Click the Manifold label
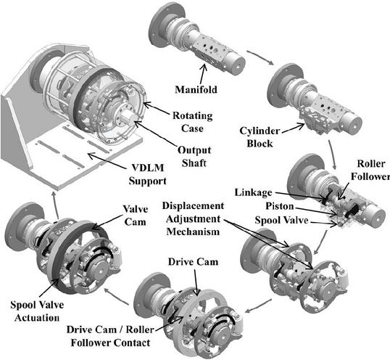[196, 89]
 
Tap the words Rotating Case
[193, 122]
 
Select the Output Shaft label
[194, 157]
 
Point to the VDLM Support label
[147, 174]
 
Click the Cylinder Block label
[260, 137]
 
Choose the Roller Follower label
[370, 170]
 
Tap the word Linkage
[254, 192]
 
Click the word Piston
[280, 206]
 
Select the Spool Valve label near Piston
[281, 220]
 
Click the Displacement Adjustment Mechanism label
[193, 218]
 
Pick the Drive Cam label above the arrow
[193, 262]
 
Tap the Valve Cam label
[136, 216]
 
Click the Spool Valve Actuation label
[37, 311]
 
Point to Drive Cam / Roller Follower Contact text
[110, 336]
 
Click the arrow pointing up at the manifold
[203, 74]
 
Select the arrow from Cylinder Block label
[294, 128]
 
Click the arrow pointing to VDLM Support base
[107, 160]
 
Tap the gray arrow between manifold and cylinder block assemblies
[260, 58]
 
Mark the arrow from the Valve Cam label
[108, 221]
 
